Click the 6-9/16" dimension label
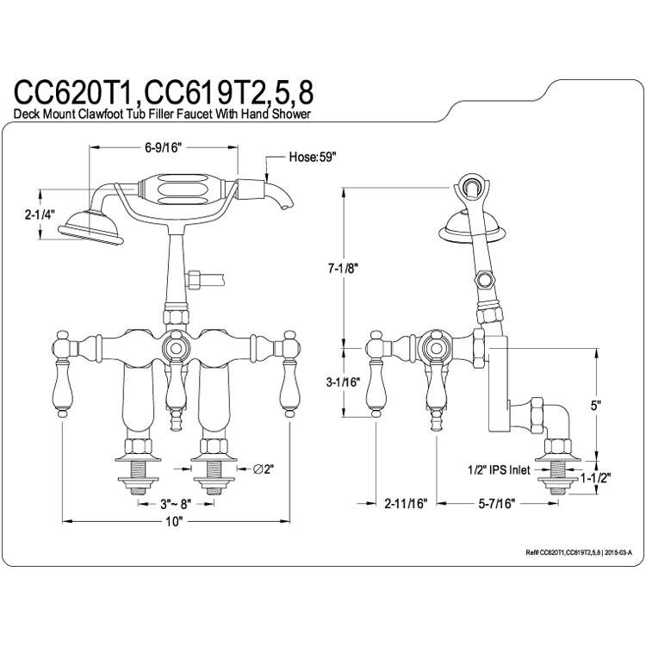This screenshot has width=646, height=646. click(x=163, y=147)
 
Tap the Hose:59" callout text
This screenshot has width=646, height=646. click(x=313, y=157)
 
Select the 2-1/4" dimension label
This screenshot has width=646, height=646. click(x=40, y=214)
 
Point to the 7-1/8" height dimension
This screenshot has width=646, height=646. click(x=343, y=269)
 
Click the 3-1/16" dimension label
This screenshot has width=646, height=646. click(x=343, y=382)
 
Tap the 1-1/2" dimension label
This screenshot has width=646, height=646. click(x=595, y=478)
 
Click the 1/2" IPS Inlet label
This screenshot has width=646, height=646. click(x=499, y=469)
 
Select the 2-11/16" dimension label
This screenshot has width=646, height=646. click(x=406, y=503)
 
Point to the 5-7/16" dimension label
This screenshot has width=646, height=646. click(x=496, y=503)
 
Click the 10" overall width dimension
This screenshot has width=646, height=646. click(x=174, y=522)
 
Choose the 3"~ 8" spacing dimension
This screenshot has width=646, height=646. click(x=176, y=503)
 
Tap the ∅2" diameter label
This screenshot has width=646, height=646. click(x=264, y=469)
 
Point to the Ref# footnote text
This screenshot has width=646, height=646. click(x=579, y=552)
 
